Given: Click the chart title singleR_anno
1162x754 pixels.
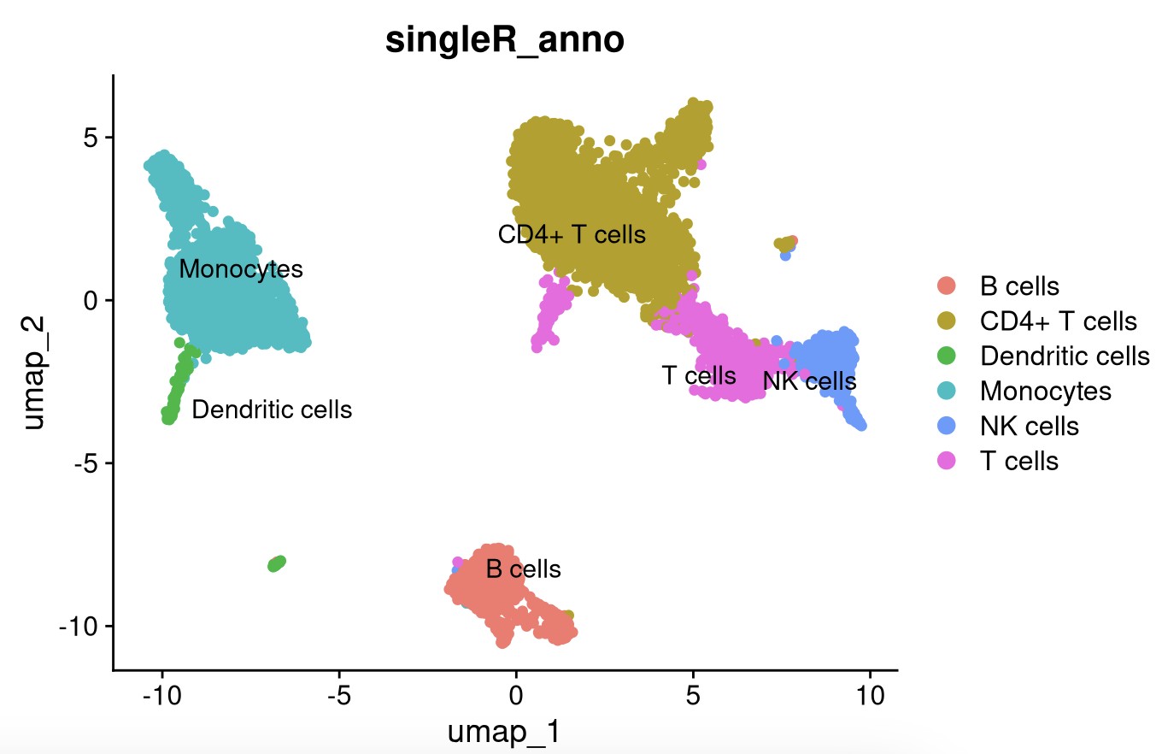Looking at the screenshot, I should point(504,40).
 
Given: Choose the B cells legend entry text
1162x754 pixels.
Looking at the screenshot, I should point(1019,286).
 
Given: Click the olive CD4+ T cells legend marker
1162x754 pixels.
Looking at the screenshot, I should point(947,321).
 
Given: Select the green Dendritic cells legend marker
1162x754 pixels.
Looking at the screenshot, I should point(947,356).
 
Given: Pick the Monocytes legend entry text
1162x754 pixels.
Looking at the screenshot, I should point(1046,391).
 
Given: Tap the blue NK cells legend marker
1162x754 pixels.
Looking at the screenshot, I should point(947,426).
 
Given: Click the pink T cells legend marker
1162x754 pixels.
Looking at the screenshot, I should point(947,461).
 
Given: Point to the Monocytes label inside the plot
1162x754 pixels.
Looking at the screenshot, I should point(241,269).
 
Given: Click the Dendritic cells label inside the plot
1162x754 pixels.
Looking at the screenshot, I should point(272,409).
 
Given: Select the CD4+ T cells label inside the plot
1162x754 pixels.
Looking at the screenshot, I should point(572,234).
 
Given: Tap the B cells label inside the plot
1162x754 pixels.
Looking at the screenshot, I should point(523,568).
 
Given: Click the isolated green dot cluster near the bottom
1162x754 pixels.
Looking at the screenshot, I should point(276,563).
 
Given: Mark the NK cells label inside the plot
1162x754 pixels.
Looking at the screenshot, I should point(809,381).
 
